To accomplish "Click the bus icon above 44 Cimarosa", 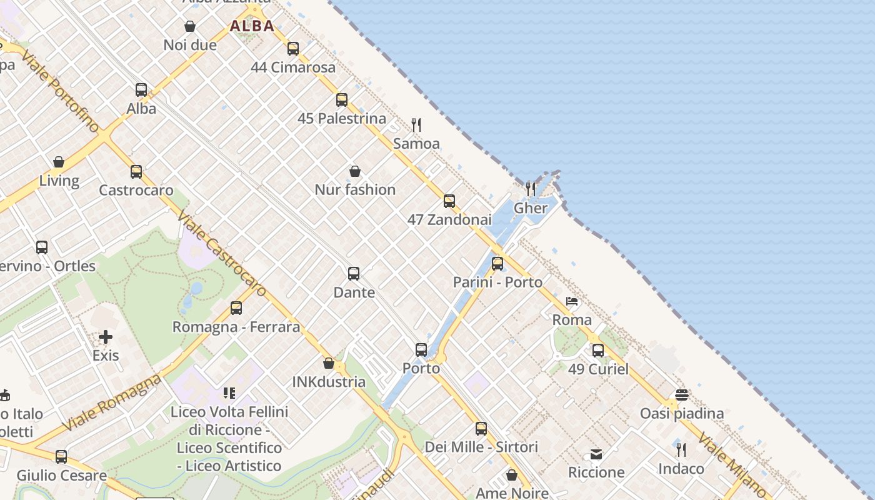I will click(x=293, y=48).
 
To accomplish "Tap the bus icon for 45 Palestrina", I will click(x=342, y=99).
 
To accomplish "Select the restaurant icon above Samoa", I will click(x=416, y=125).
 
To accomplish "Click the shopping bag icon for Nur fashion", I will click(x=355, y=171).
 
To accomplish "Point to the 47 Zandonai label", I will click(x=449, y=220).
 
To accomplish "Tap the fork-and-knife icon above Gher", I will click(x=531, y=189).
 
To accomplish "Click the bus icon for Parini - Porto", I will click(x=497, y=264).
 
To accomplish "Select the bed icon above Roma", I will click(x=572, y=301).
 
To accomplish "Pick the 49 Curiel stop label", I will click(x=598, y=369).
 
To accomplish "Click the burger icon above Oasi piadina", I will click(x=682, y=395).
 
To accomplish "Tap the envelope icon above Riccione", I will click(x=596, y=454).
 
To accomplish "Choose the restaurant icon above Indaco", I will click(x=681, y=449).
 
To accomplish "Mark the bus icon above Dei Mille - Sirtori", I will click(x=481, y=429).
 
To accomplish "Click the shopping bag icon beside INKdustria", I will click(x=329, y=363).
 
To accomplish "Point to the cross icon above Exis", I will click(x=106, y=337).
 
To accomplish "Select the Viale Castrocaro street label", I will click(x=221, y=253).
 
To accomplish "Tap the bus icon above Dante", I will click(x=354, y=274).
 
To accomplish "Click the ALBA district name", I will click(x=252, y=26).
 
